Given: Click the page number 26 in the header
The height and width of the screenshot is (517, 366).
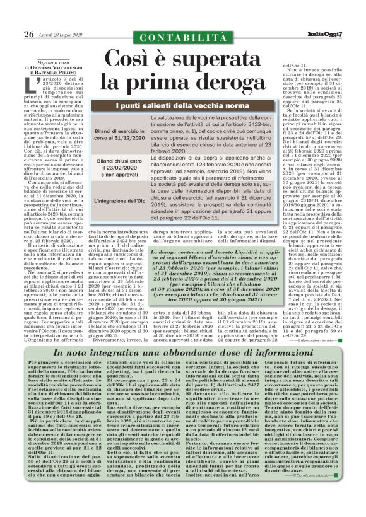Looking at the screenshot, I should [x=28, y=33].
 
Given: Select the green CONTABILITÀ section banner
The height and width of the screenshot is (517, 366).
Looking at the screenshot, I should [x=183, y=38].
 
